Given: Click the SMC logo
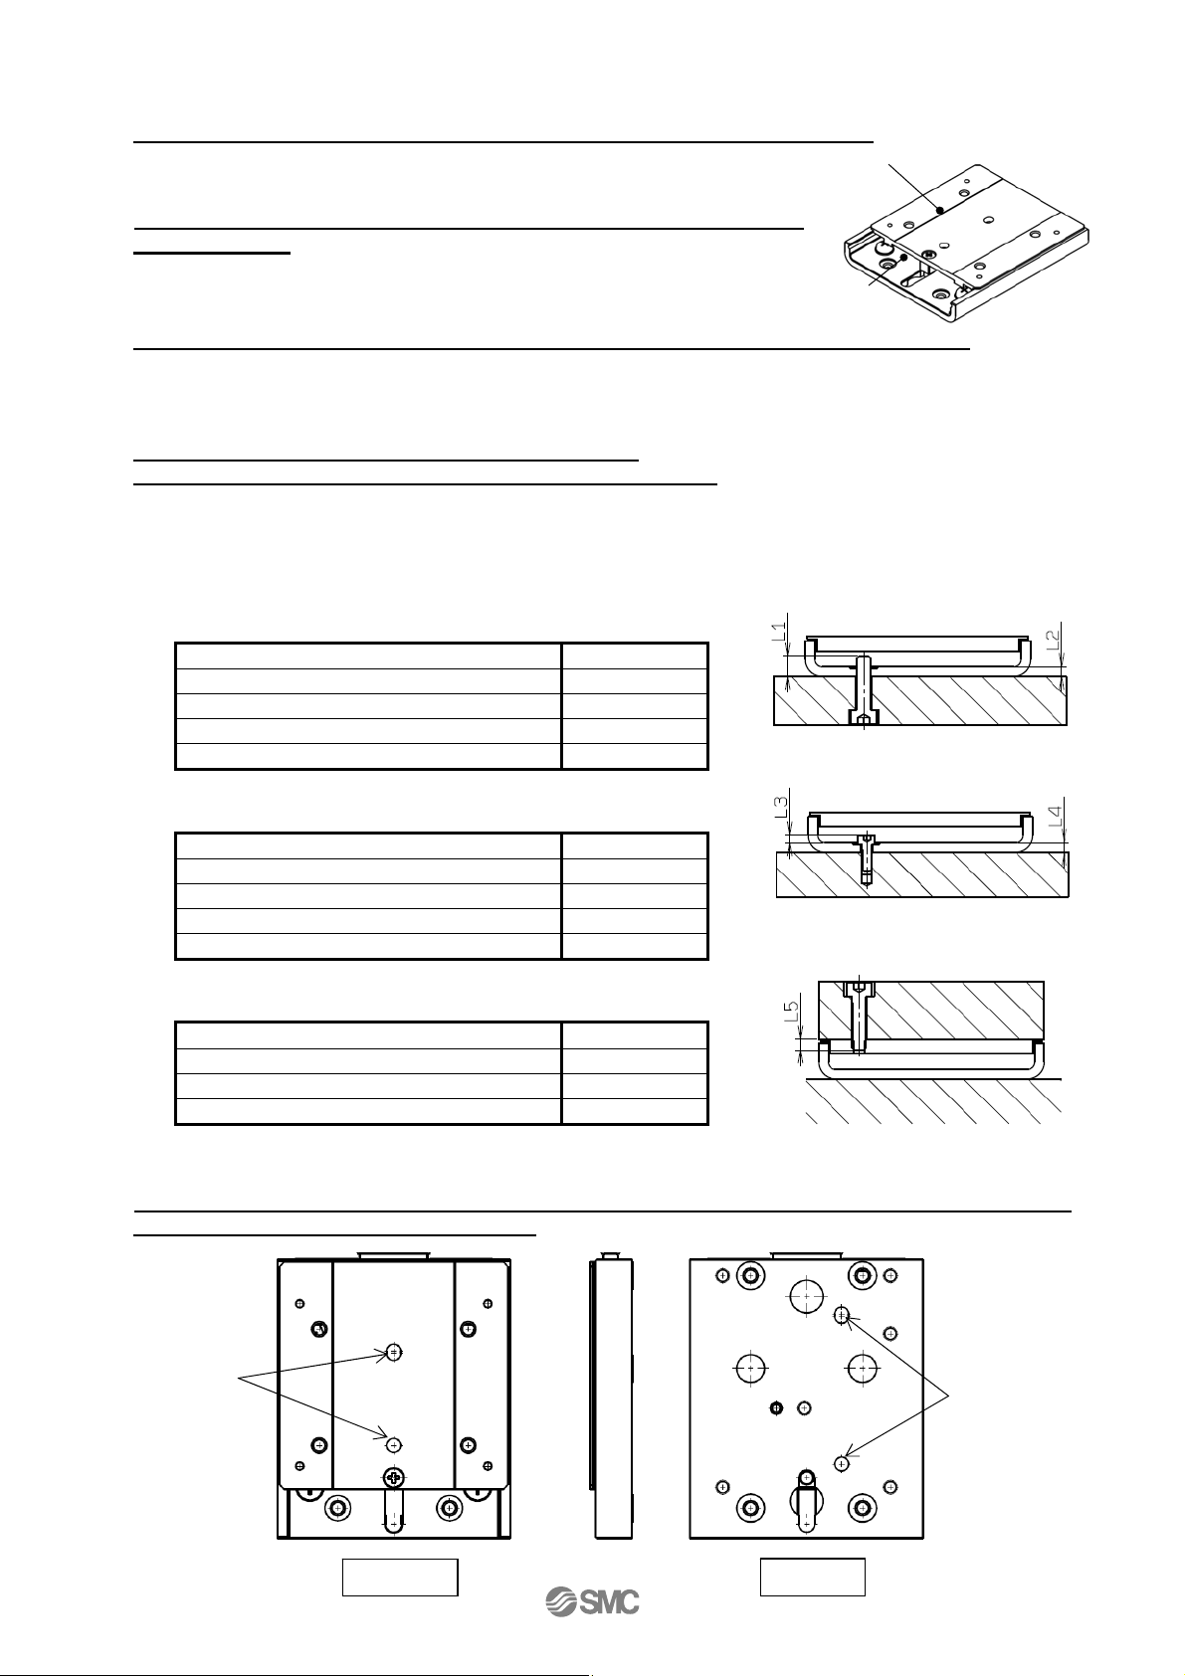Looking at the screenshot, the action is click(592, 1601).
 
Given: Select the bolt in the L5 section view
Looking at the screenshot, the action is click(858, 1015).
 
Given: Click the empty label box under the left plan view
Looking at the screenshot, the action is click(400, 1578).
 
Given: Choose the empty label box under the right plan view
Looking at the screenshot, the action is click(812, 1578).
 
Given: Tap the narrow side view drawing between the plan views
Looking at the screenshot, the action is click(611, 1398).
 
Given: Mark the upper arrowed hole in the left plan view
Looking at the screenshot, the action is click(394, 1352).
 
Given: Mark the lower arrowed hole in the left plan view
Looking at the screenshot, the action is click(394, 1443).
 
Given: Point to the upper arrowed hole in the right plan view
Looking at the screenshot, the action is click(842, 1315).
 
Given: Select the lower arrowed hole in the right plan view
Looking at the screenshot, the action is click(842, 1463).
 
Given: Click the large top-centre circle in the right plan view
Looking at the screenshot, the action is click(806, 1295).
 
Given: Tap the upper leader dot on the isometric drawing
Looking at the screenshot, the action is click(939, 210).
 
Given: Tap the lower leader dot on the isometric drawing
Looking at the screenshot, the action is click(903, 258).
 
